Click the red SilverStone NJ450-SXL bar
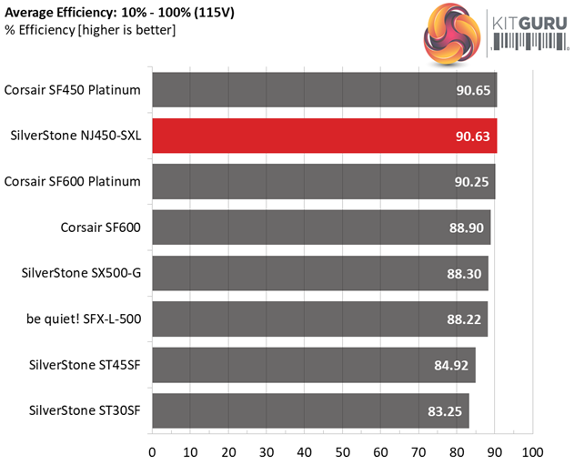[324, 136]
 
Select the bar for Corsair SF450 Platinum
[324, 90]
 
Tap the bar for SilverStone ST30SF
[310, 410]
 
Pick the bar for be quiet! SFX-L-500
[319, 318]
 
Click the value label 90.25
[471, 182]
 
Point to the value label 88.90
[467, 227]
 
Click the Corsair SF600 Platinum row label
[73, 182]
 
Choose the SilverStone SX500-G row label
[79, 273]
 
